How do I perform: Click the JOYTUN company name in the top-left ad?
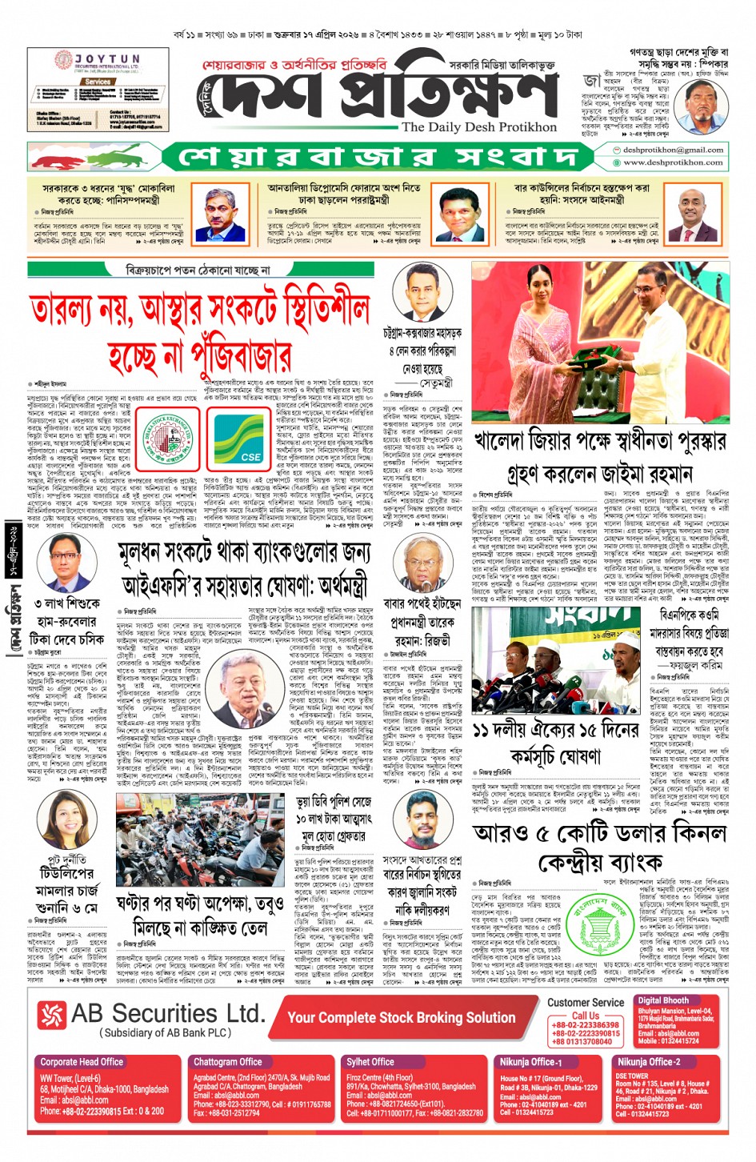click(x=107, y=59)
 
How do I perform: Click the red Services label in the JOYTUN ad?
click(x=98, y=82)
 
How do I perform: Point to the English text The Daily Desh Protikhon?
click(x=478, y=126)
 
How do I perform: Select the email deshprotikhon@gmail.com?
click(x=673, y=150)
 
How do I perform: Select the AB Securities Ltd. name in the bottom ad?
click(x=166, y=1014)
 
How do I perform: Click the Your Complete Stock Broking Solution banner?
click(x=401, y=1017)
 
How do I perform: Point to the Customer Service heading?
click(x=586, y=1002)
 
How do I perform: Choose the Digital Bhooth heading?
click(x=663, y=1000)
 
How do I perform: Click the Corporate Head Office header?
click(x=82, y=1062)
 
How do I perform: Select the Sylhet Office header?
click(x=371, y=1062)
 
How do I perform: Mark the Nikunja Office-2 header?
click(x=648, y=1062)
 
